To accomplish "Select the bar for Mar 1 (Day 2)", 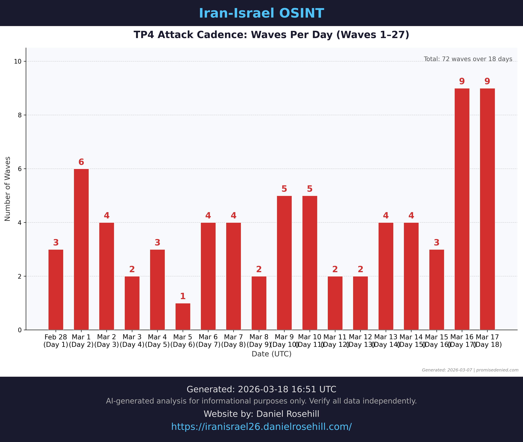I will [81, 249].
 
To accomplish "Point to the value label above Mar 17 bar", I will [487, 81].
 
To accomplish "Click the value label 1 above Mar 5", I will [183, 296].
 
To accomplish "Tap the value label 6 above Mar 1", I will [81, 162].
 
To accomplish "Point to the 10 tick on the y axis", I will [18, 61].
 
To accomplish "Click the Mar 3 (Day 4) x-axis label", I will [132, 341].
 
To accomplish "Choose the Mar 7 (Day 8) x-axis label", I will [233, 341].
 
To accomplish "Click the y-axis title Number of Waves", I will [7, 189].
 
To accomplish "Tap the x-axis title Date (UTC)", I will [272, 354].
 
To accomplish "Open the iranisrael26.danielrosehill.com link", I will [261, 426].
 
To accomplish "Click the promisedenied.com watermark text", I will [497, 370].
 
